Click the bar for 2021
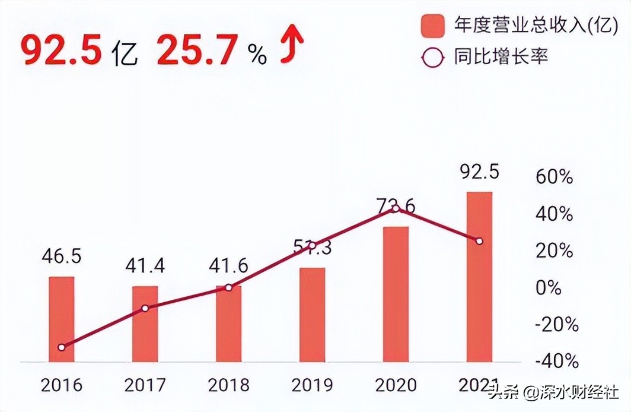(x=479, y=277)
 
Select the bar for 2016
(x=62, y=319)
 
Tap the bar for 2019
(x=312, y=315)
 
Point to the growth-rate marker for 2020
(x=396, y=208)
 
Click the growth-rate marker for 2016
(x=62, y=347)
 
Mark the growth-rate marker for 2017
(x=145, y=308)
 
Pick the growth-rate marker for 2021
(x=479, y=241)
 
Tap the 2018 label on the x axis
(x=228, y=385)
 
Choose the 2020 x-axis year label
(x=396, y=385)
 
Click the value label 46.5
(x=62, y=256)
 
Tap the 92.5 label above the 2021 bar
(x=479, y=172)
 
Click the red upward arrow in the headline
(x=292, y=46)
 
